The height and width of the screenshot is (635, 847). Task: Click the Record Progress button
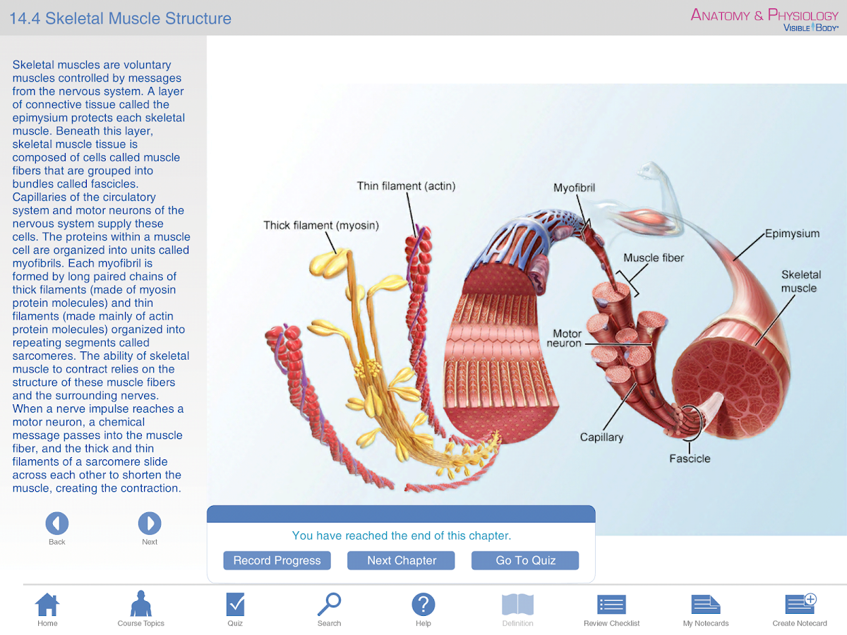(x=277, y=560)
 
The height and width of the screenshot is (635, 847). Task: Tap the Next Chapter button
(x=402, y=560)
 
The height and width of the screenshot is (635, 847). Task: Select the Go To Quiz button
(x=526, y=560)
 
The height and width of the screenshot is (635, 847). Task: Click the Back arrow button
(x=57, y=524)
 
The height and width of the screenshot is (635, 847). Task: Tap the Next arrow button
(x=150, y=524)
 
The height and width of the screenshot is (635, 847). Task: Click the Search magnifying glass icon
(x=329, y=605)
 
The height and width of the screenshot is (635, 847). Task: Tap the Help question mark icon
(x=423, y=605)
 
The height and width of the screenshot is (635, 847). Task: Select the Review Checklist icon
(x=611, y=605)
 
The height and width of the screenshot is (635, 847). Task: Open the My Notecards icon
(x=706, y=605)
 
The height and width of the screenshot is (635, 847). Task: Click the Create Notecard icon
(x=800, y=605)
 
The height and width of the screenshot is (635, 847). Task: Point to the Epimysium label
(x=792, y=234)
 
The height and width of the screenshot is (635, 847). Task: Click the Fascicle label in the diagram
(x=690, y=459)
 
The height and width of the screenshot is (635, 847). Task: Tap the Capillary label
(x=601, y=437)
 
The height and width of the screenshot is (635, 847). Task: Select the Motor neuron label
(x=565, y=339)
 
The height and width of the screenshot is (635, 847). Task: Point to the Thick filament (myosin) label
(x=321, y=226)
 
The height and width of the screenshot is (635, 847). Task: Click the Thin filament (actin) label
(x=406, y=186)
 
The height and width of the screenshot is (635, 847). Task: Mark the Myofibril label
(x=574, y=188)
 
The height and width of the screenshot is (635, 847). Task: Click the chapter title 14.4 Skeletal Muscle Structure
(x=120, y=18)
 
